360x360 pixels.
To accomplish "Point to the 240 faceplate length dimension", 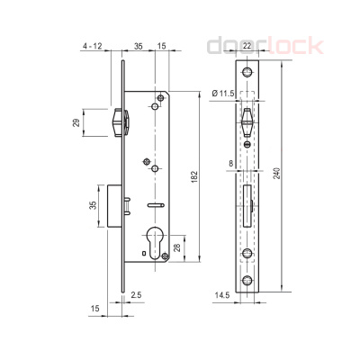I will click(290, 174).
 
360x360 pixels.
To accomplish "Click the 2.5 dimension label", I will click(135, 293).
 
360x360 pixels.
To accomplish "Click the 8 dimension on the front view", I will click(231, 163).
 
